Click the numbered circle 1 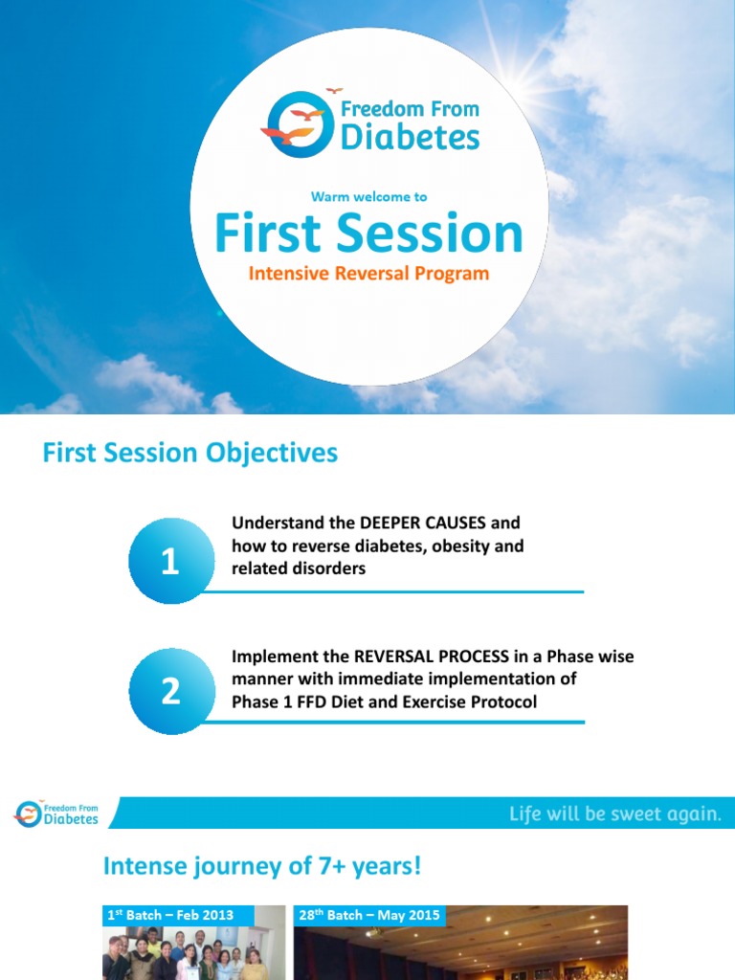170,562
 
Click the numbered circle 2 170,691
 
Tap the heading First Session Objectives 189,453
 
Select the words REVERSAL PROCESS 437,657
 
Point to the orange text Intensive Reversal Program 368,274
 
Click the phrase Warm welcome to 368,196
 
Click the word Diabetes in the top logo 410,138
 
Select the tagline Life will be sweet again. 615,814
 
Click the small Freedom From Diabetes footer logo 57,813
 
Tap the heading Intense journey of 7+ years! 262,867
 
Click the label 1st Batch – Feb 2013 168,915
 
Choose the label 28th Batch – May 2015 369,915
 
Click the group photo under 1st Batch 191,952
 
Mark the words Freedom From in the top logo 410,108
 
